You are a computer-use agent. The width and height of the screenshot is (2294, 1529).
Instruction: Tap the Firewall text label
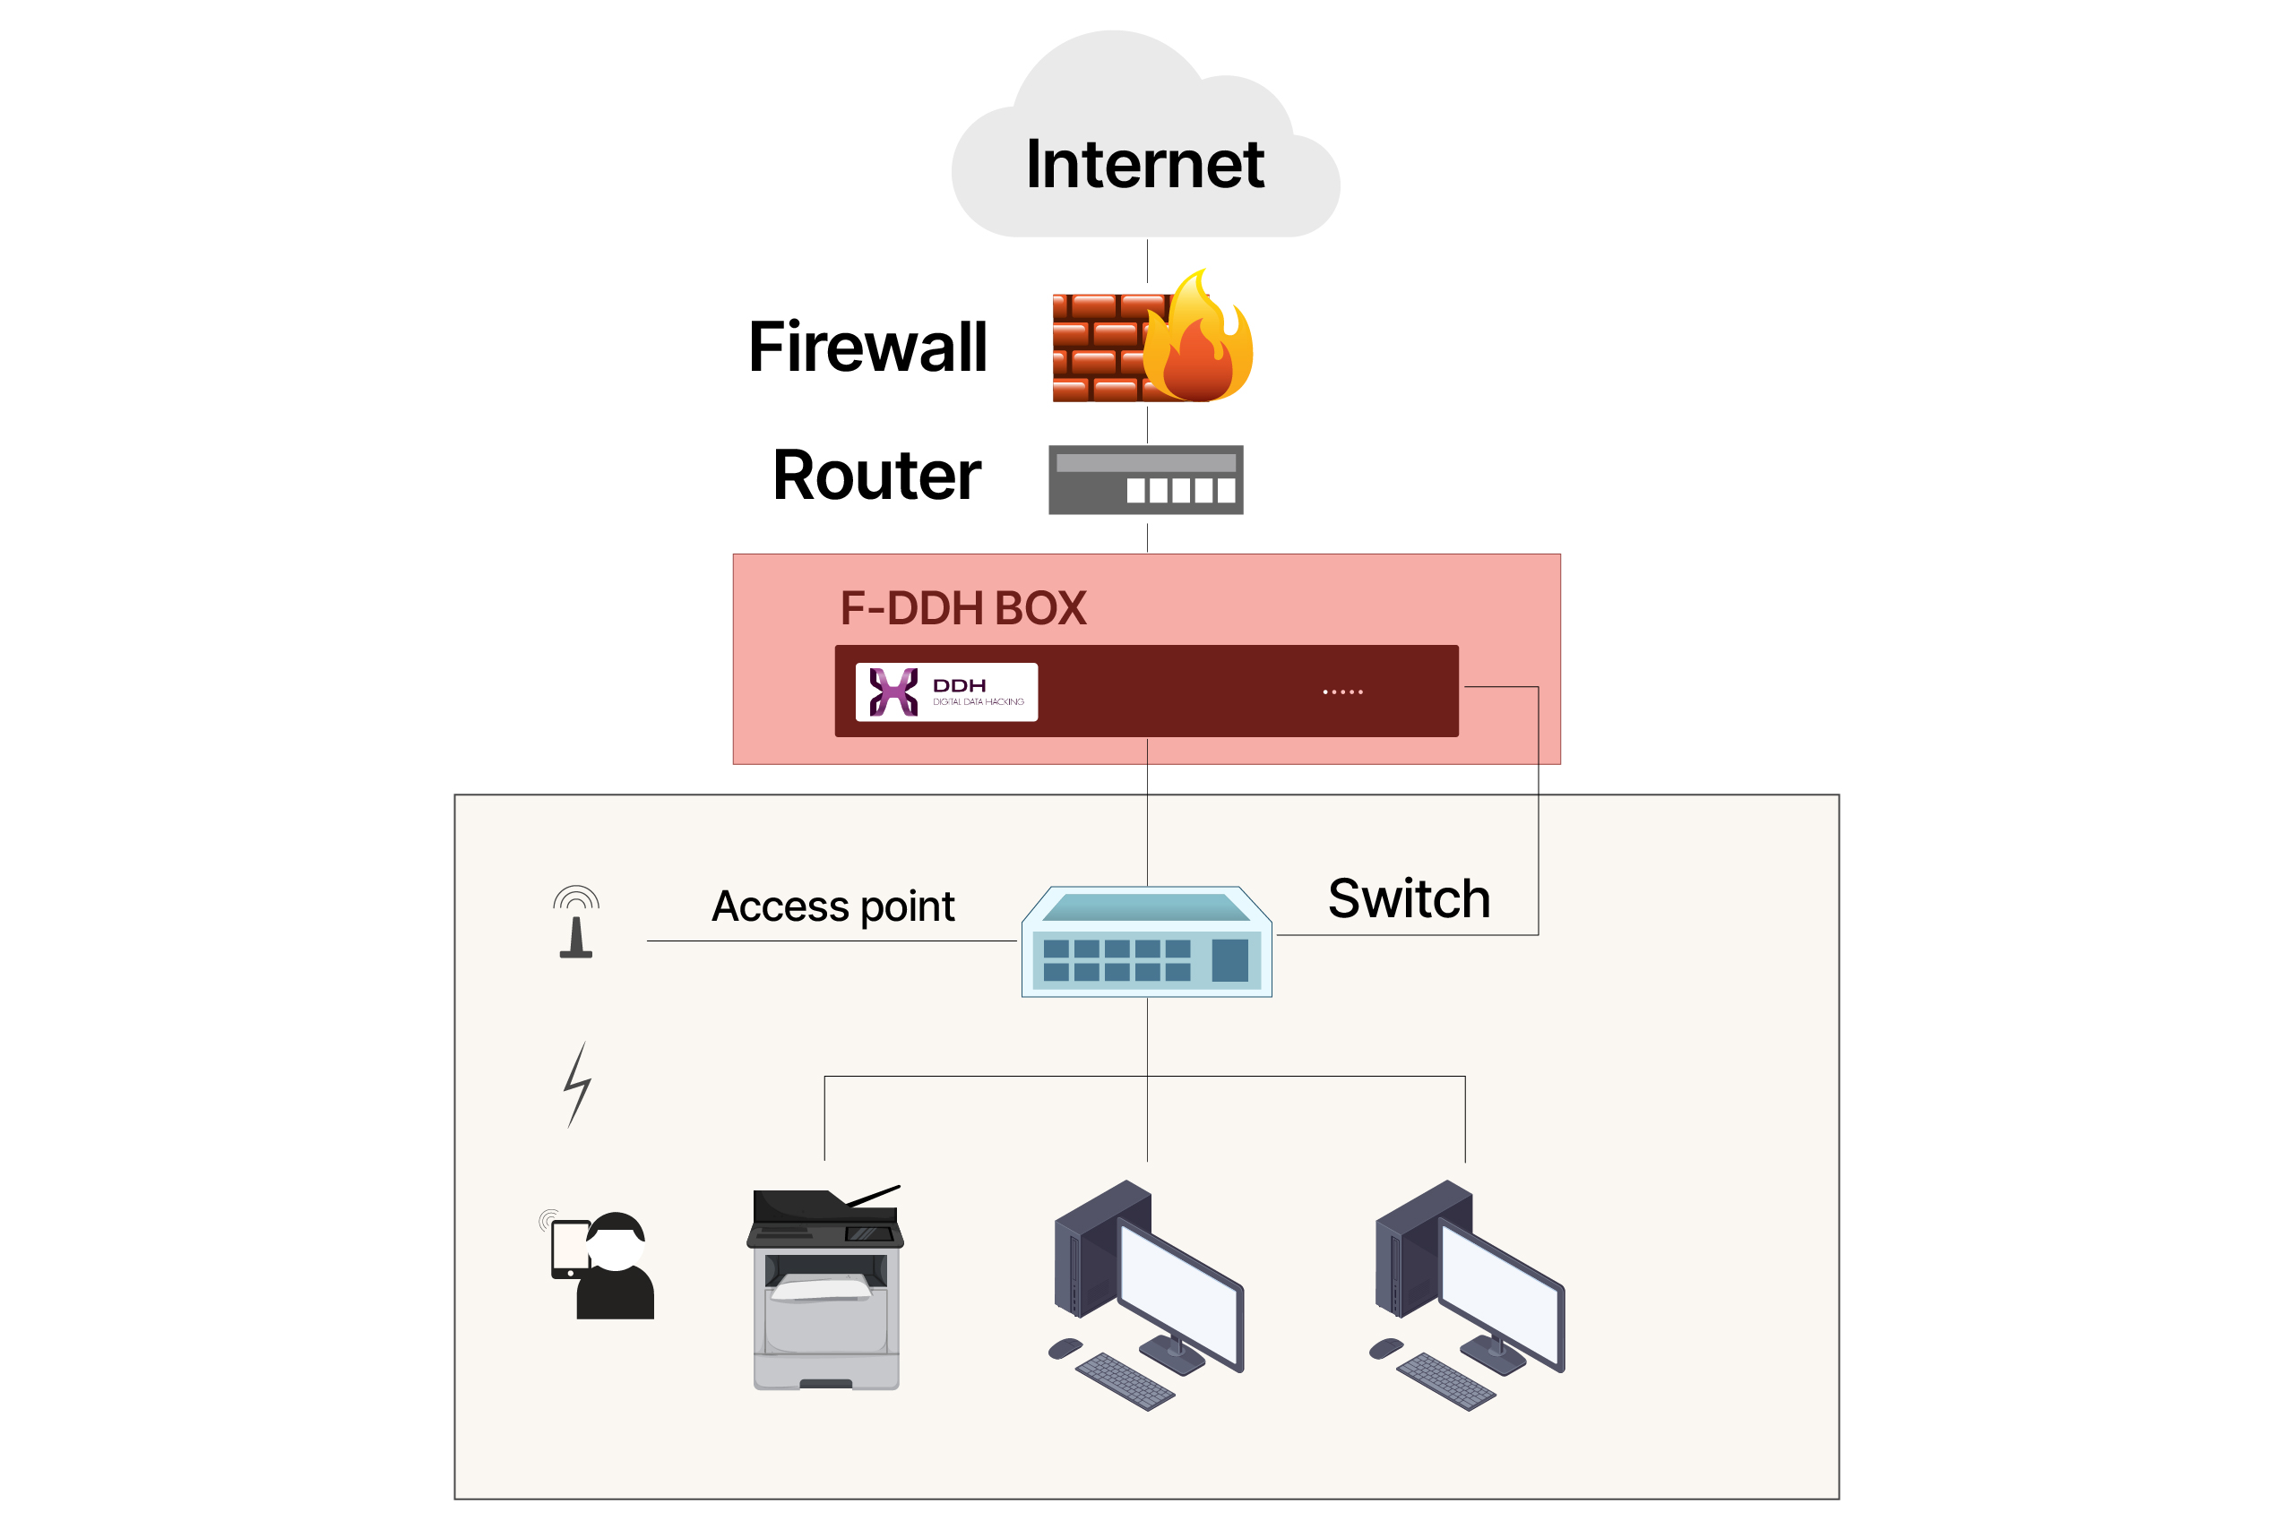click(x=867, y=348)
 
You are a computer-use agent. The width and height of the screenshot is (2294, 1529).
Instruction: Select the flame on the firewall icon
click(x=1200, y=341)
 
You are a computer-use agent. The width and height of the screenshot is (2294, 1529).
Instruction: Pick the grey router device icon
click(x=1145, y=480)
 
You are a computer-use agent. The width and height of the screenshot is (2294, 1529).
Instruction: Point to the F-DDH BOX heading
click(x=962, y=608)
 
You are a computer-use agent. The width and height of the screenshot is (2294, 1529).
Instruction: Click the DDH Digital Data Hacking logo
click(x=946, y=692)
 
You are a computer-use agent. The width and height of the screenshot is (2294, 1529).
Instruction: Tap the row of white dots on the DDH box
click(x=1342, y=692)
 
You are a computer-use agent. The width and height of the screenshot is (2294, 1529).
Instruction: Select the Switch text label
click(x=1409, y=899)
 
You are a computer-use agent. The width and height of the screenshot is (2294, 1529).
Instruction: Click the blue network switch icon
click(x=1146, y=944)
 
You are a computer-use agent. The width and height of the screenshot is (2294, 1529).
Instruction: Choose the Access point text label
click(x=833, y=906)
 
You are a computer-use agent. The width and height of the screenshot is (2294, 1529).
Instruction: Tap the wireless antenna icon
click(x=576, y=923)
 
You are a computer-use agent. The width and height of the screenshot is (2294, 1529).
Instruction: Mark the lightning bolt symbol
click(x=577, y=1085)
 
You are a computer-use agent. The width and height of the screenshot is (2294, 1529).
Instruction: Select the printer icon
click(x=826, y=1287)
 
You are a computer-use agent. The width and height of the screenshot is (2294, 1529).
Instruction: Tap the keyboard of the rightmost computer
click(x=1445, y=1381)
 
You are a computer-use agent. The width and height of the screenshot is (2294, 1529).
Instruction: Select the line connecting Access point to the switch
click(x=829, y=941)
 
